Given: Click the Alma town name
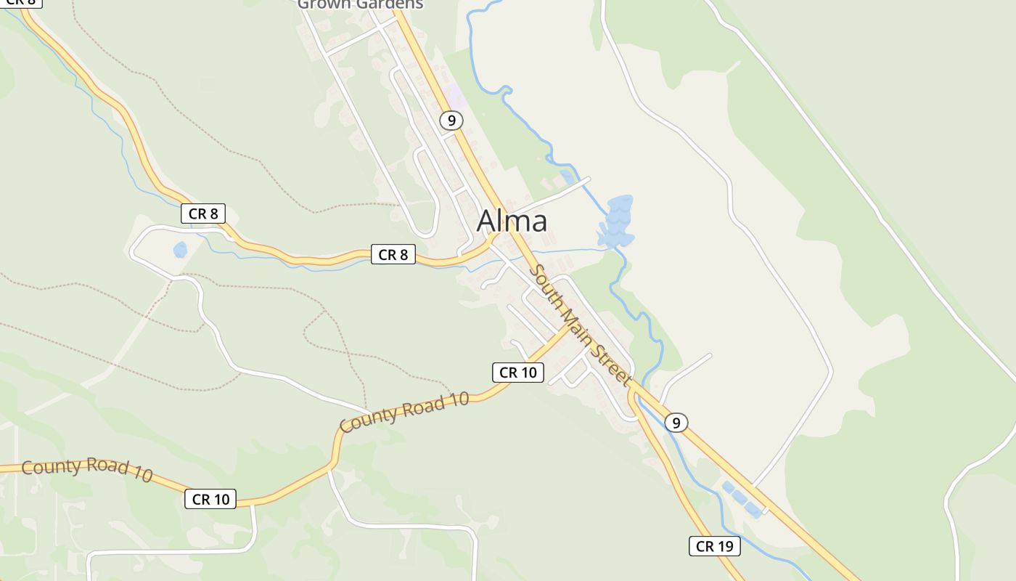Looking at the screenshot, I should point(512,221).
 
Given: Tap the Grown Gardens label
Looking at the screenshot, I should point(360,4).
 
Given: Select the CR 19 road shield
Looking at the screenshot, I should point(714,546).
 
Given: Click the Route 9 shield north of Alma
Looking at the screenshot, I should point(451,121).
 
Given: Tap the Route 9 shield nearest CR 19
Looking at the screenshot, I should point(676,422).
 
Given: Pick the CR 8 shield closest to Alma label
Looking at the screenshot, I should point(393,254).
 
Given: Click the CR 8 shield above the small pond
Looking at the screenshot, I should point(202,214).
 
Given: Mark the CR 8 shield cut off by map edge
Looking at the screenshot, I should point(20,3).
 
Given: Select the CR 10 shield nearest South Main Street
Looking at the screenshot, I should point(517,373).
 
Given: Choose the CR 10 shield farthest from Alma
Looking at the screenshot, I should point(210,499).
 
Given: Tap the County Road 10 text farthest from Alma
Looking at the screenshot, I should point(87,468).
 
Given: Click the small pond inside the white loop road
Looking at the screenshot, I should point(180,250).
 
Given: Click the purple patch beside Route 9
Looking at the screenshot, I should point(454,95).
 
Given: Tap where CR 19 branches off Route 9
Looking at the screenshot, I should point(633,393).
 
